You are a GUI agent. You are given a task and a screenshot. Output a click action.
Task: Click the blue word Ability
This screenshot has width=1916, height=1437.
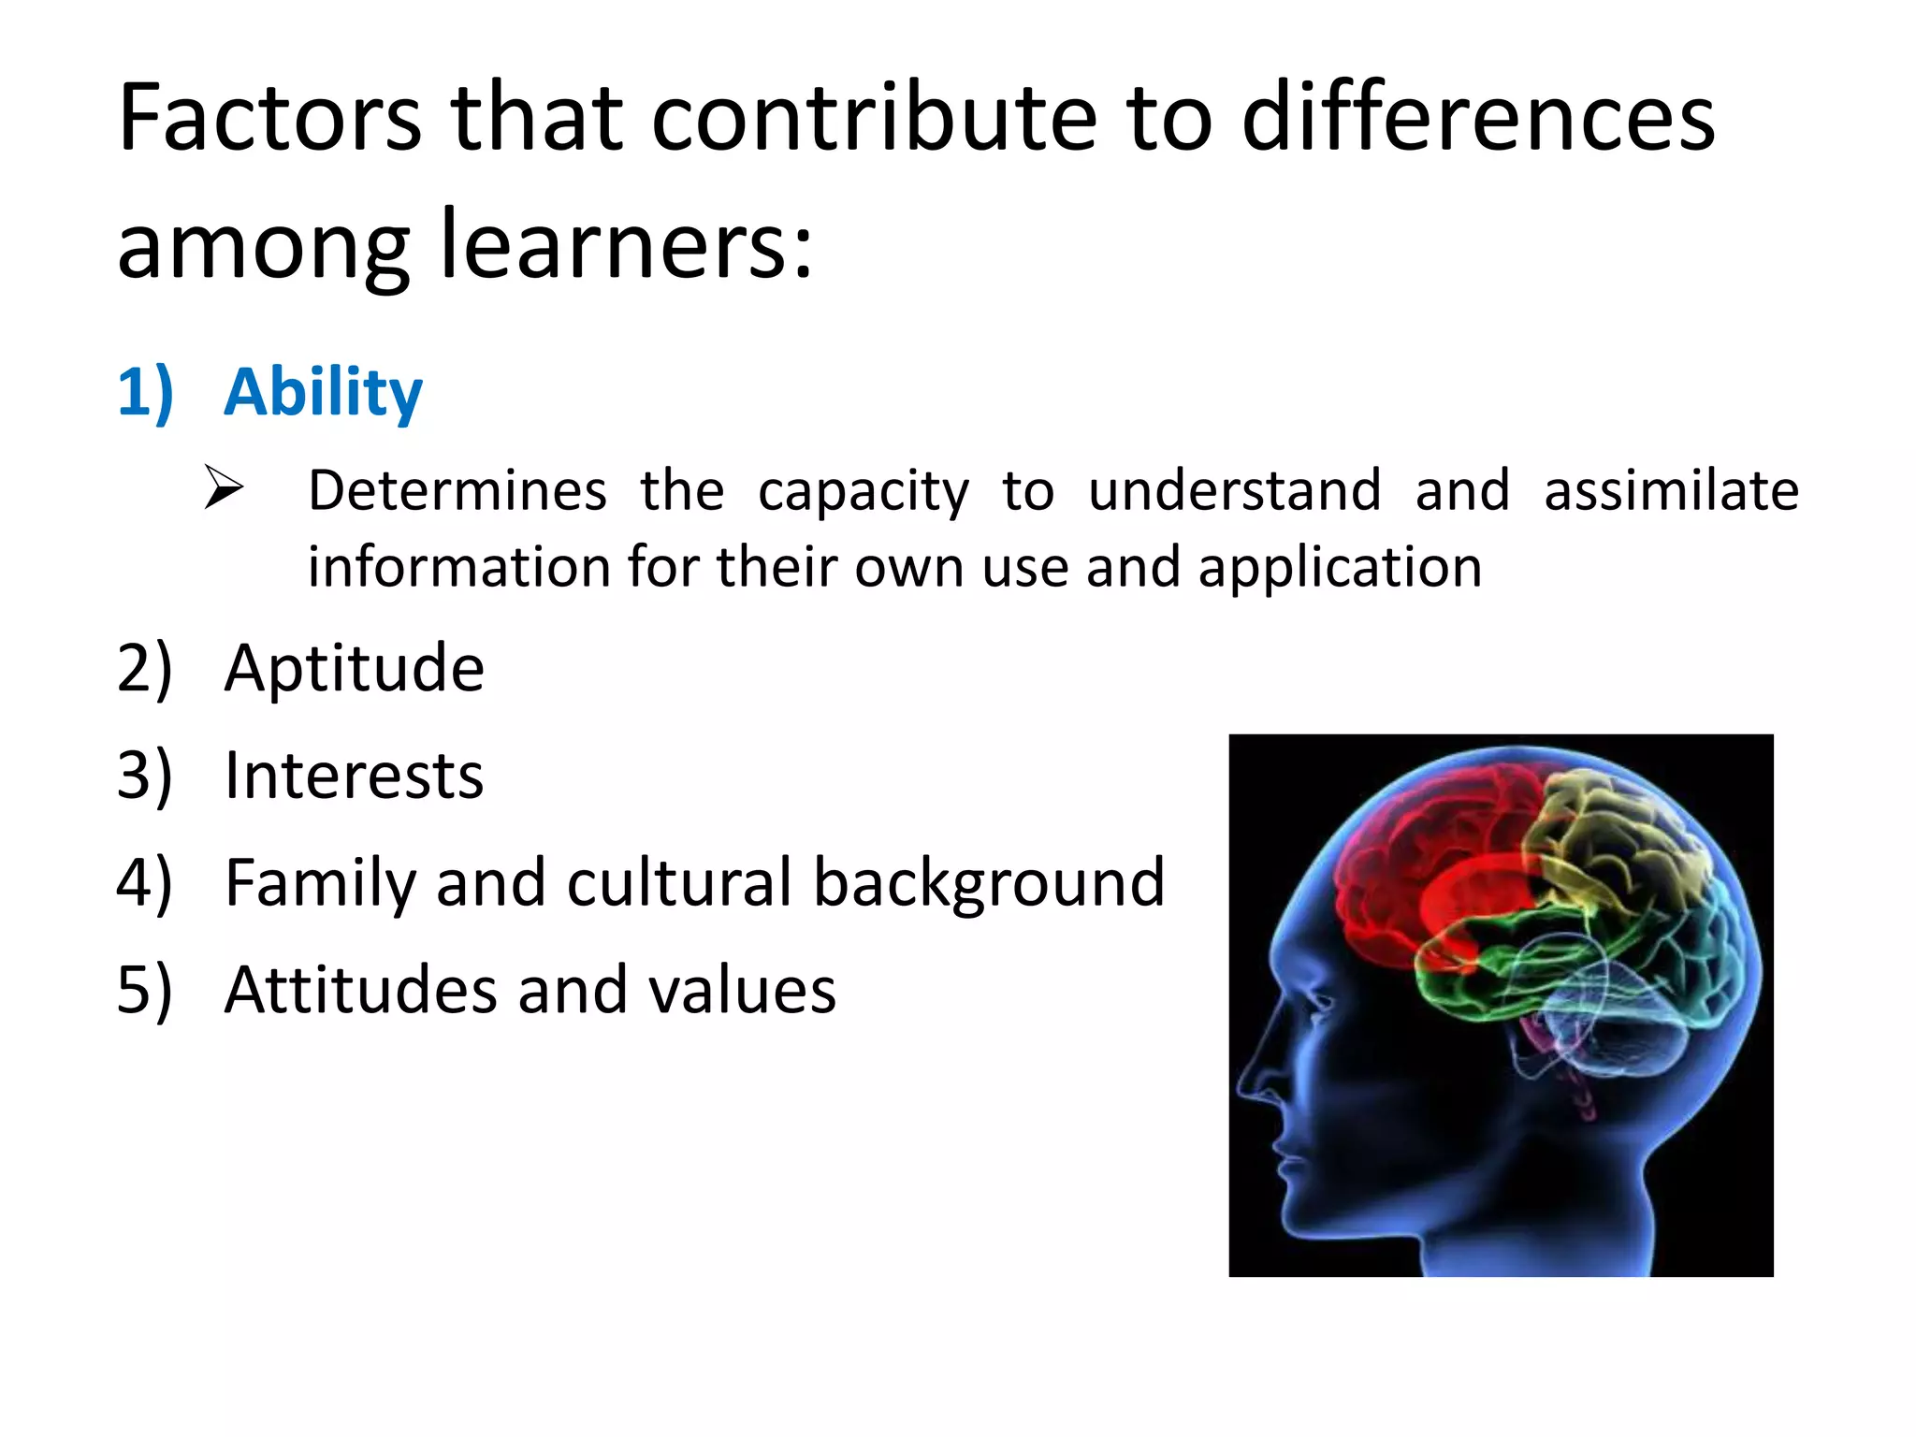(323, 392)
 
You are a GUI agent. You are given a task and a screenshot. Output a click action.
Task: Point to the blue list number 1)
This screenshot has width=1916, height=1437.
(145, 392)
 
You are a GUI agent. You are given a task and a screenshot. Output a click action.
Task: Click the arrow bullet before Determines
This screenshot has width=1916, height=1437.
(225, 488)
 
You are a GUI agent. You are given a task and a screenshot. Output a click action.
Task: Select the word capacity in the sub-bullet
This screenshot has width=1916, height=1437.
(863, 492)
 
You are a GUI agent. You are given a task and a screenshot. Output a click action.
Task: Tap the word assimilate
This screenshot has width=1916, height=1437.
(1671, 490)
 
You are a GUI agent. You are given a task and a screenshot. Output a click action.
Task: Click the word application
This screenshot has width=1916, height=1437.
(1340, 569)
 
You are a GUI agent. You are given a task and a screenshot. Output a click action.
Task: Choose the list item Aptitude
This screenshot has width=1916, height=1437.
(355, 669)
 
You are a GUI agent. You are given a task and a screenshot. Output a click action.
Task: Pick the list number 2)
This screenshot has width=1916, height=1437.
(145, 669)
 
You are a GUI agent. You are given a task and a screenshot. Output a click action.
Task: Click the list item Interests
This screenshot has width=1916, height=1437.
(355, 776)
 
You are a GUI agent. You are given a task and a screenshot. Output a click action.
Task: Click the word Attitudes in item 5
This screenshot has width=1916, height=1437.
(360, 990)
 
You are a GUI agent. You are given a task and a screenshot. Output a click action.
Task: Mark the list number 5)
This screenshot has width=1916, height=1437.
(145, 990)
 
